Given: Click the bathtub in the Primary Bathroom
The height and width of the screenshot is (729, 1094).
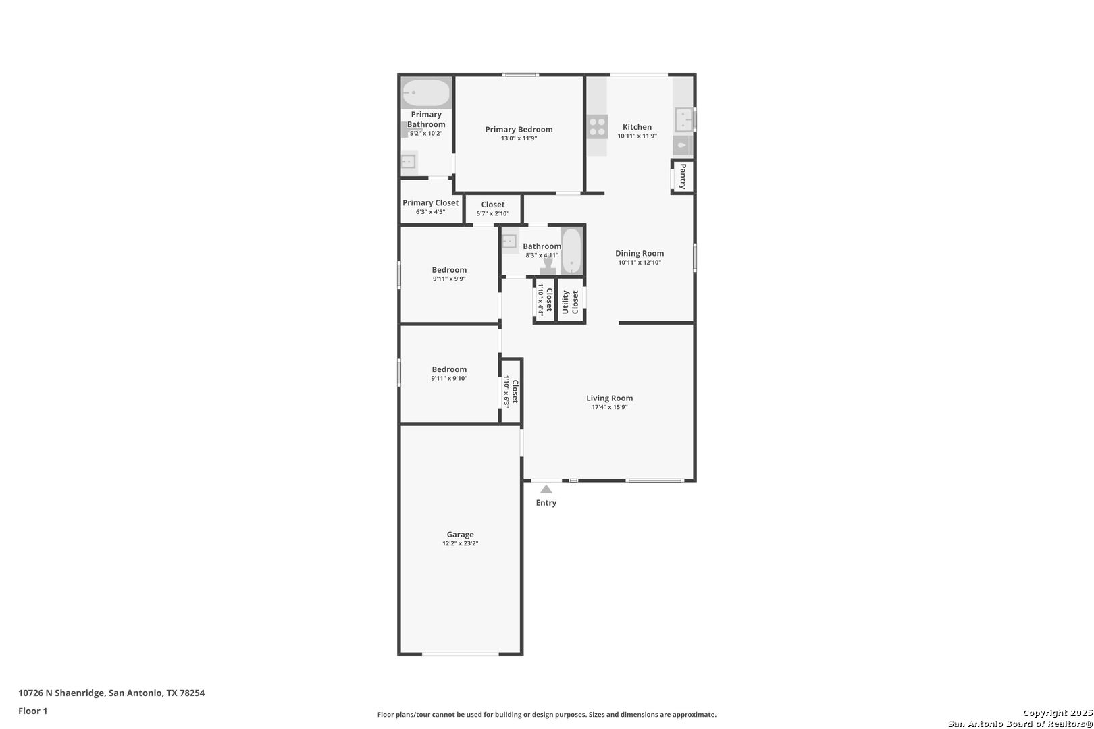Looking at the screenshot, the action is click(426, 92).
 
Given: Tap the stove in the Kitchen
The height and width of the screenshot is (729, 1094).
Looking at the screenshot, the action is click(597, 127).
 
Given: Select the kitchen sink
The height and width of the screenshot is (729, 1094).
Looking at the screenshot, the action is click(683, 119).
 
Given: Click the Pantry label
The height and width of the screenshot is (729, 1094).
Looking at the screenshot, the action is click(683, 176).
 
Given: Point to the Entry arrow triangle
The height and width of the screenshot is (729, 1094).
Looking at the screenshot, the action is click(546, 489).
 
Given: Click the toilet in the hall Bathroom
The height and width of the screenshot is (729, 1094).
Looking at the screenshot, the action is click(548, 266).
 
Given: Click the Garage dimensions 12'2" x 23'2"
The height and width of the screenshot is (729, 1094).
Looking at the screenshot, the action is click(460, 543).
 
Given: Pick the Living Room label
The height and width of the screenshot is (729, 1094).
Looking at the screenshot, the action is click(610, 398).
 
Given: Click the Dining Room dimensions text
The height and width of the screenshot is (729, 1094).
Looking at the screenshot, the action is click(640, 262).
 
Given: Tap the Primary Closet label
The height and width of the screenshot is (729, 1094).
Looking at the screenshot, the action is click(430, 202).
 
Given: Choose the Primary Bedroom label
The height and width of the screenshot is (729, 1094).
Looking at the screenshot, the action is click(519, 129).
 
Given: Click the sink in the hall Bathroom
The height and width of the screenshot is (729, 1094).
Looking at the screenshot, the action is click(509, 241).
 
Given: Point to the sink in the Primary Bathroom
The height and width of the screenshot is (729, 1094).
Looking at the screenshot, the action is click(409, 161).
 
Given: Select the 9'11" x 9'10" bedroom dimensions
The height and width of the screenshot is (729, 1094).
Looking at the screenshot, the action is click(449, 379).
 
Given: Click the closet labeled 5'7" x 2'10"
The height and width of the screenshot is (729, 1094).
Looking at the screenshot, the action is click(493, 209).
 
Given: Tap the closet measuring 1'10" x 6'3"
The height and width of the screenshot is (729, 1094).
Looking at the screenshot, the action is click(511, 391).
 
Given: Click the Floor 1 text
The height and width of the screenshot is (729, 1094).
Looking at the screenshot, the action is click(32, 711).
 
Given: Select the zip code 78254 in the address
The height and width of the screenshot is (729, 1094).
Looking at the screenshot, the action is click(192, 693).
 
